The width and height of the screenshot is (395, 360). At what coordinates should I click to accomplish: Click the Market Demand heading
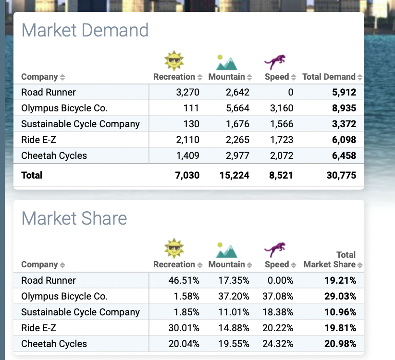tap(85, 30)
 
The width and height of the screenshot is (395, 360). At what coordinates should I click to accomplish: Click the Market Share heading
tap(74, 218)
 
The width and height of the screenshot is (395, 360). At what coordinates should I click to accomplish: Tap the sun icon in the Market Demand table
tap(174, 60)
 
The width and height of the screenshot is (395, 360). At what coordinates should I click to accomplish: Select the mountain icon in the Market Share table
tap(226, 249)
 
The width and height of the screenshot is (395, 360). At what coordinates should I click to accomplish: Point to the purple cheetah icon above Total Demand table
tap(275, 62)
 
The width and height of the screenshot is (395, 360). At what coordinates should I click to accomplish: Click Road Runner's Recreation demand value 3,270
tap(188, 92)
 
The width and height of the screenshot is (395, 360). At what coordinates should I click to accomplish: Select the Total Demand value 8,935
tap(344, 108)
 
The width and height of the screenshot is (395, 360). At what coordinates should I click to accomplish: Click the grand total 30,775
tap(341, 175)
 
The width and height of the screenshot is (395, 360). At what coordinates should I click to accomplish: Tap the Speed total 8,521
tap(281, 175)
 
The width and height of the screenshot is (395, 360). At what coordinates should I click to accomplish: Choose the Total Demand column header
tap(329, 77)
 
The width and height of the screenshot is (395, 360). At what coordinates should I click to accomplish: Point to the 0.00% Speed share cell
tap(280, 280)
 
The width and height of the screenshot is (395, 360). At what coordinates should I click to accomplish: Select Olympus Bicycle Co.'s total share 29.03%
tap(340, 296)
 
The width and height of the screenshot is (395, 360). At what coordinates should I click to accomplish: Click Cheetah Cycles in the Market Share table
tap(54, 344)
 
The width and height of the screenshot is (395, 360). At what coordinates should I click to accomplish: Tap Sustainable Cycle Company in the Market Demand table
tap(80, 124)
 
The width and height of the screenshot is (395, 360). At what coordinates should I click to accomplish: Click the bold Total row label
tap(32, 175)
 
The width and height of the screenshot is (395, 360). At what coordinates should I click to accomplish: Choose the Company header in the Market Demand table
tap(39, 77)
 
